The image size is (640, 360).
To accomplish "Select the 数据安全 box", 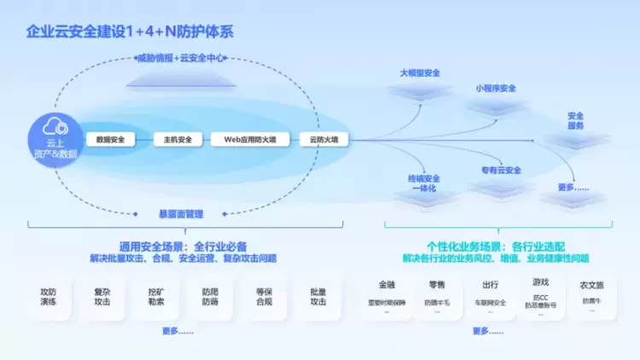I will click(x=111, y=139).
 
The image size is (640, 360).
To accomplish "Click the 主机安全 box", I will click(x=177, y=139).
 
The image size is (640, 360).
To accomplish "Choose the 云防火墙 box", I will click(x=323, y=139).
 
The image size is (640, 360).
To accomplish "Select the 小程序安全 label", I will click(x=496, y=88).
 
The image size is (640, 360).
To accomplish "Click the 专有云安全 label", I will click(x=501, y=171).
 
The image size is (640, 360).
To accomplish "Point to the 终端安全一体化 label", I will click(x=422, y=183).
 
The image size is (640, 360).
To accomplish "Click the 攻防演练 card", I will click(x=48, y=296).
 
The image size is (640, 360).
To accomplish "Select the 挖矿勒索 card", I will click(x=155, y=296).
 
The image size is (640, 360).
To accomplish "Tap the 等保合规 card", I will click(x=264, y=296).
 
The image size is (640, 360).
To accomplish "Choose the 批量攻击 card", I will click(x=318, y=296).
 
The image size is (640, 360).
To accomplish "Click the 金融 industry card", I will click(x=387, y=294).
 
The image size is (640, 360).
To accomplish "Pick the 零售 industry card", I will click(x=437, y=294).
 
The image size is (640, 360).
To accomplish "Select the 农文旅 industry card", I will click(x=592, y=294).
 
